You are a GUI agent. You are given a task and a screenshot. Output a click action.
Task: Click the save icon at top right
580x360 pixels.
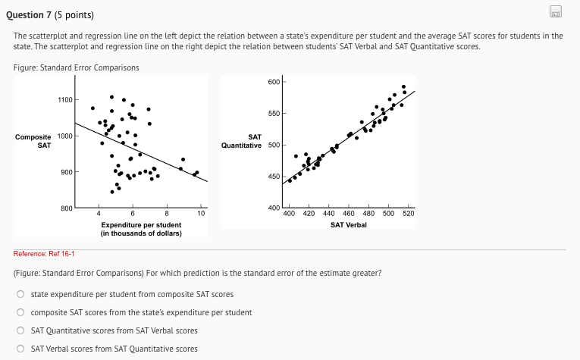(x=556, y=11)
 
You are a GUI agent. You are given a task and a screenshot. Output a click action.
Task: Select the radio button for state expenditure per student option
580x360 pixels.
(x=23, y=294)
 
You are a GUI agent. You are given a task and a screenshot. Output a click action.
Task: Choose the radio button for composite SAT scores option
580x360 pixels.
(x=23, y=312)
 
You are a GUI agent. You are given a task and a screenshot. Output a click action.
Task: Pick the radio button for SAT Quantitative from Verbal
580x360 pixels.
(x=23, y=330)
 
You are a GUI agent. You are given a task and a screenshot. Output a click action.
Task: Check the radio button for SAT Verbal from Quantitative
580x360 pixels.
(x=23, y=349)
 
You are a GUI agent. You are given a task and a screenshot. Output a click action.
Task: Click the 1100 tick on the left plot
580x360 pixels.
(x=65, y=100)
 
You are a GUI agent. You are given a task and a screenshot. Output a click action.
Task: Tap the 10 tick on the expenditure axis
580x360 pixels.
(x=200, y=214)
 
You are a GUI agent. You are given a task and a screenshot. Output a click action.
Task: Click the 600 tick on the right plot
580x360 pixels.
(x=274, y=81)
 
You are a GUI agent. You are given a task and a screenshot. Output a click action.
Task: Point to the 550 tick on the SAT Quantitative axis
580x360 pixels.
(x=274, y=114)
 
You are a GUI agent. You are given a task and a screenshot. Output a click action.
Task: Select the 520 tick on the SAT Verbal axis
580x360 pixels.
(x=409, y=214)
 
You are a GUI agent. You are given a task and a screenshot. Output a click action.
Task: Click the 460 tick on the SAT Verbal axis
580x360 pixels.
(x=349, y=214)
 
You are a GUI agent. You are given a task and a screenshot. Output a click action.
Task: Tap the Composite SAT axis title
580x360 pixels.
(x=33, y=140)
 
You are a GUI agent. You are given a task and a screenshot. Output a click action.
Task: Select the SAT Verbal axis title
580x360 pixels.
(x=349, y=225)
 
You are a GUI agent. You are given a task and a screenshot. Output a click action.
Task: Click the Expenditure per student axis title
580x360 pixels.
(x=141, y=229)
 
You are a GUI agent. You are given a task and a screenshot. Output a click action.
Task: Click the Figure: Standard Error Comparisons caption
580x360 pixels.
(x=77, y=67)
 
